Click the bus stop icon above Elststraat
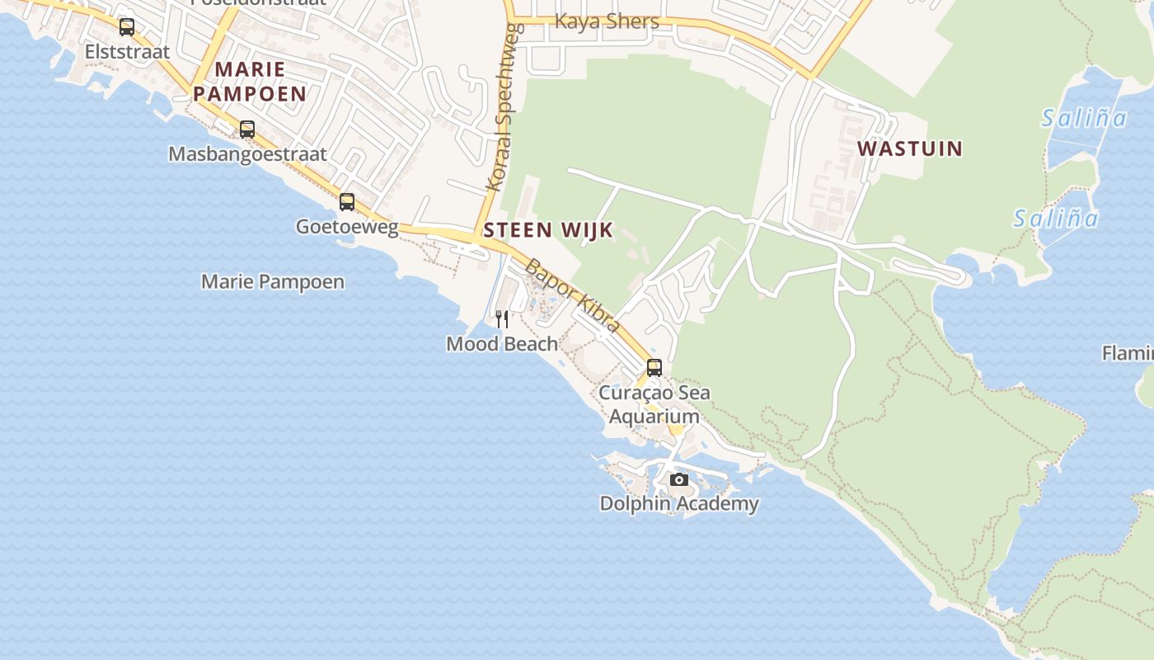[x=126, y=27]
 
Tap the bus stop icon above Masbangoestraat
[x=246, y=130]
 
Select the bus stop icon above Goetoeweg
[x=347, y=202]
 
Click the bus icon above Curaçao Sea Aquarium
[x=654, y=368]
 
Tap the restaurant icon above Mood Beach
[x=502, y=319]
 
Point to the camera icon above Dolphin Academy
[x=678, y=479]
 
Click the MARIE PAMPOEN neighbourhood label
[x=250, y=82]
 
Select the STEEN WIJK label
[x=548, y=230]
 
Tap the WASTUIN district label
[x=910, y=148]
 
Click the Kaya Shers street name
[x=607, y=21]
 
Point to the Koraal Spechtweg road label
[x=502, y=107]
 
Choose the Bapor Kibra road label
[x=572, y=295]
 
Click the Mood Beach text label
[x=502, y=343]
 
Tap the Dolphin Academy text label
[x=678, y=503]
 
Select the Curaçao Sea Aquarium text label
[x=654, y=404]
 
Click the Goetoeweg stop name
[x=347, y=226]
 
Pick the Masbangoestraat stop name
[x=247, y=154]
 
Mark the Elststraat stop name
[x=127, y=51]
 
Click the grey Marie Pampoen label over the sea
[x=273, y=281]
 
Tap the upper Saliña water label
[x=1083, y=118]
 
